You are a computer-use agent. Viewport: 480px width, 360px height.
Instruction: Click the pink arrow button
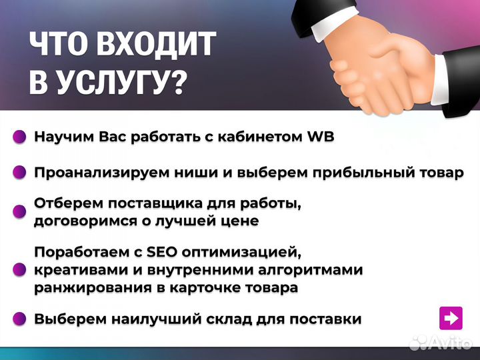point(451,318)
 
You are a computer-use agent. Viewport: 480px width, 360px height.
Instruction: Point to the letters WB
point(320,137)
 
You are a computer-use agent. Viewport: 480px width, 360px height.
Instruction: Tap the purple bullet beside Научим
point(20,137)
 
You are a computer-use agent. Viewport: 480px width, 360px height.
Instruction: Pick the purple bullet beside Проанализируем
point(20,173)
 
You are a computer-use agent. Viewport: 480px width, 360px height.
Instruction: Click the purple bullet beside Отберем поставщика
point(20,211)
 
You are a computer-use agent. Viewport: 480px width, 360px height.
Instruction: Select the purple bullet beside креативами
point(20,270)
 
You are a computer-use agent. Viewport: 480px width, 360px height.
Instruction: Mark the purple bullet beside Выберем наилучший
point(20,319)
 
